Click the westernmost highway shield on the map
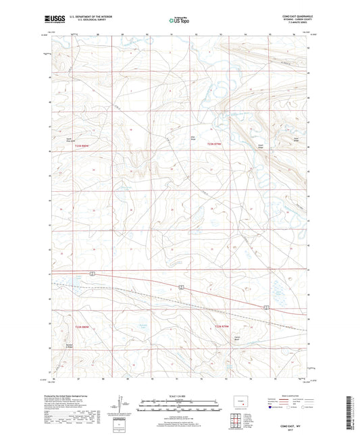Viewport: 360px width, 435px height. tap(97, 272)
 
